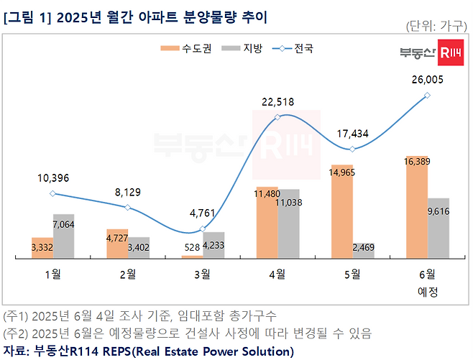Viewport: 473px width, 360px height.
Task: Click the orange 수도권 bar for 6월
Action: [417, 206]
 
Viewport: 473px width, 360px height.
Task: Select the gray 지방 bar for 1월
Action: [63, 236]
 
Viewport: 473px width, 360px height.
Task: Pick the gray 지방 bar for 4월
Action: [288, 223]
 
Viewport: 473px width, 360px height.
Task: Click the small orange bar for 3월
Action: [192, 255]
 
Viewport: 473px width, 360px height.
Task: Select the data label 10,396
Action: [52, 178]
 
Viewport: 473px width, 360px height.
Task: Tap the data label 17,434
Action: [352, 134]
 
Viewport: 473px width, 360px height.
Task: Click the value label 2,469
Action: [363, 248]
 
